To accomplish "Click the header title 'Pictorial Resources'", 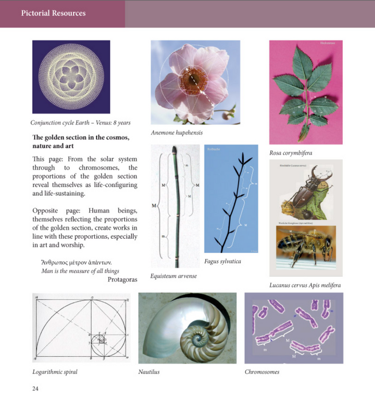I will pos(53,13).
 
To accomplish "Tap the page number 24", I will pos(35,388).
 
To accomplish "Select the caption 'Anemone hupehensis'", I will pos(177,133).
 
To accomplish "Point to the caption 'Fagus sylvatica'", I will pos(222,261).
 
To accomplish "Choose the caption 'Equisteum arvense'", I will pos(173,276).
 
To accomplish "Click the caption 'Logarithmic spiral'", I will pos(55,372).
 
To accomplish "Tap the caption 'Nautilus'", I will pos(149,372).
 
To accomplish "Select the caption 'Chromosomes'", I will pos(262,372).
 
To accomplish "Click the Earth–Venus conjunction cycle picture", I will pos(71,77).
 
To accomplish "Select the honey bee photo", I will pos(306,247).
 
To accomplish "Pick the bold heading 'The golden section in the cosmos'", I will pos(80,137).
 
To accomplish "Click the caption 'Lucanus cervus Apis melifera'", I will pos(305,285).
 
